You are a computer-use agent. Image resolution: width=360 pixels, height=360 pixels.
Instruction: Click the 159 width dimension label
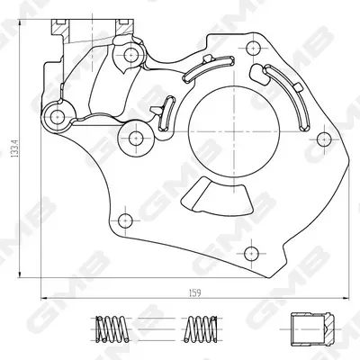pos(195,292)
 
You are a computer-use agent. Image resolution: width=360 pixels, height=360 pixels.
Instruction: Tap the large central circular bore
pos(234,132)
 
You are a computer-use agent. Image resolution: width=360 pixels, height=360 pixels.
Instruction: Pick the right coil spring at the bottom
pos(201,328)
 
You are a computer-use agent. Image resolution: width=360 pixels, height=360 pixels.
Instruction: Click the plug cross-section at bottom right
pos(312,329)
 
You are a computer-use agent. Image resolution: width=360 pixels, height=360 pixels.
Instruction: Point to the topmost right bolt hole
pos(254,48)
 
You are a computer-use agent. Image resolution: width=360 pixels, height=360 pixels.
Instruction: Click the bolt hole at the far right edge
pos(324,139)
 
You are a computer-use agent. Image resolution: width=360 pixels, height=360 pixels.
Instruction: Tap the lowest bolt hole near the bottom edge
pos(251,254)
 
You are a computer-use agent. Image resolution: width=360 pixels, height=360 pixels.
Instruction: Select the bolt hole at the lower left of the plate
pos(125,220)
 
